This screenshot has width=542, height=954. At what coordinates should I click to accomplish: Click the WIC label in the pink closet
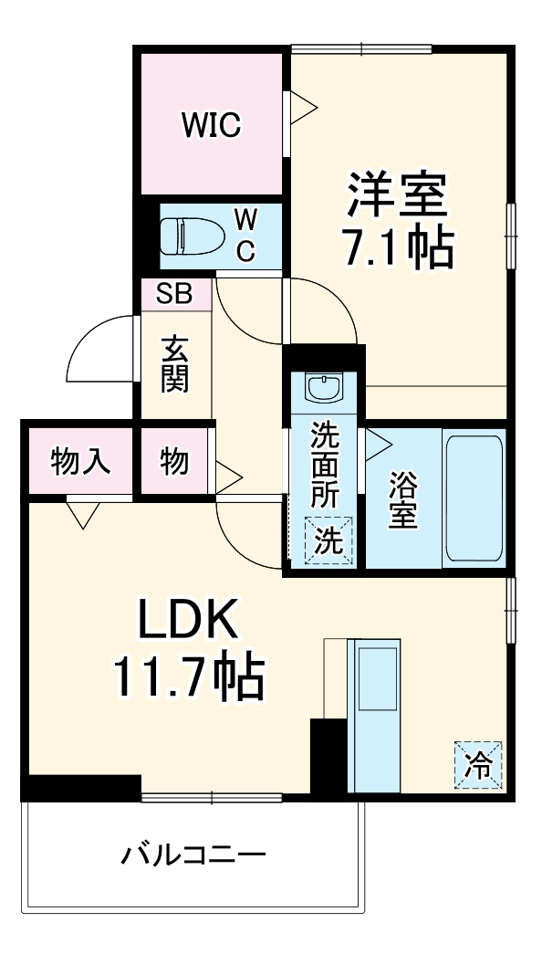tap(210, 126)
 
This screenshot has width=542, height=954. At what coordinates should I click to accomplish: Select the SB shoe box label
tap(174, 294)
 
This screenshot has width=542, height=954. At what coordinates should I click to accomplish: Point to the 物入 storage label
tap(81, 462)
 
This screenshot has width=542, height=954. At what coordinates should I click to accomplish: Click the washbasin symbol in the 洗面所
tap(322, 388)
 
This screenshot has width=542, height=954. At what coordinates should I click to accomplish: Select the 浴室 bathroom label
tap(402, 500)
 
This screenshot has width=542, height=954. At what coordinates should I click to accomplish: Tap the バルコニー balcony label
tap(194, 855)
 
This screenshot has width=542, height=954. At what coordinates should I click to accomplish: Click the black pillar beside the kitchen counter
tap(328, 756)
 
